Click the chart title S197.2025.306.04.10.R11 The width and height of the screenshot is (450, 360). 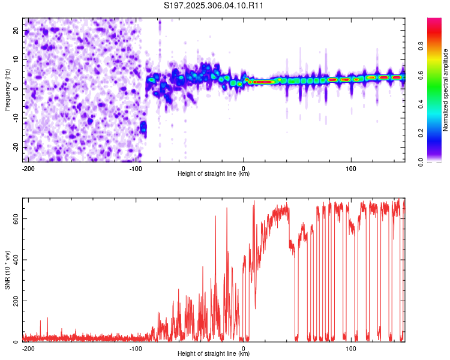click(x=214, y=5)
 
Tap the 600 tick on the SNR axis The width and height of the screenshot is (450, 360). click(x=15, y=218)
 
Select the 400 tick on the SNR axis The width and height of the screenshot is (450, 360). click(x=15, y=260)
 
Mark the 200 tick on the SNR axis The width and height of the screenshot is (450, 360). click(x=15, y=301)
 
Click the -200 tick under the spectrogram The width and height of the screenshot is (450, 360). click(x=28, y=167)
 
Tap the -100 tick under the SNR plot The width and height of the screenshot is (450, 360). click(x=136, y=347)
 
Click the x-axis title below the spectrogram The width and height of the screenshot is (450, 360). click(x=214, y=174)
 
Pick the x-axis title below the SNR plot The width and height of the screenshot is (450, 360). click(x=214, y=354)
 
